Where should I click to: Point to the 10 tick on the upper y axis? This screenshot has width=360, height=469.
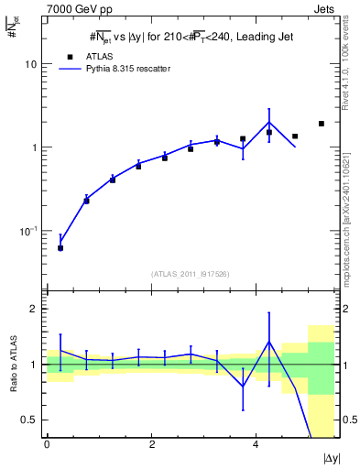tap(29, 65)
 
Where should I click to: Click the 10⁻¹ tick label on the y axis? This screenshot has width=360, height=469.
tap(27, 231)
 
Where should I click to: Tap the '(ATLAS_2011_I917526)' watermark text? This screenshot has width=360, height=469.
tap(191, 274)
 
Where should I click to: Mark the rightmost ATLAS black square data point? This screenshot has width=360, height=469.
tap(322, 124)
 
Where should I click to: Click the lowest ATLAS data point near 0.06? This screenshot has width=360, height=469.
tap(60, 248)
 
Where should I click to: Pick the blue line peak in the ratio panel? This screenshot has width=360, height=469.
tap(269, 342)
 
